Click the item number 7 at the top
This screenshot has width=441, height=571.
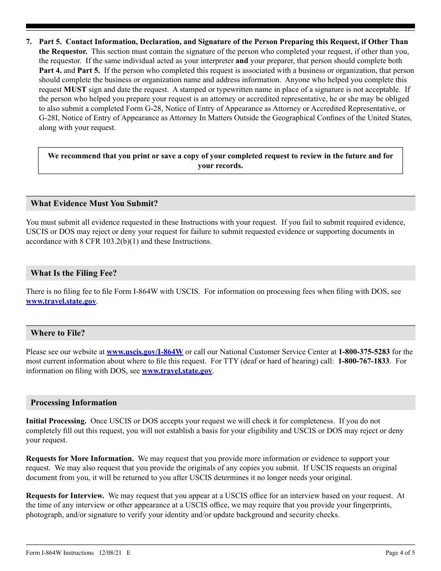[x=29, y=42]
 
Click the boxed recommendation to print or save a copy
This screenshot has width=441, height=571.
[x=220, y=161]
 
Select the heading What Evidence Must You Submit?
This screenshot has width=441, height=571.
[x=94, y=203]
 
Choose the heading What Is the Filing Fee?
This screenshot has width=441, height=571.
[x=74, y=273]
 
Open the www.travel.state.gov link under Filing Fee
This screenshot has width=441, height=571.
[x=61, y=301]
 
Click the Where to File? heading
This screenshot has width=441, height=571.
[x=58, y=333]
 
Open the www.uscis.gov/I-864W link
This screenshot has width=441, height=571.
[x=145, y=352]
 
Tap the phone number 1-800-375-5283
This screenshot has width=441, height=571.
[x=364, y=352]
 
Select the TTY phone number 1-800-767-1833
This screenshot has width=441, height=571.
[x=363, y=361]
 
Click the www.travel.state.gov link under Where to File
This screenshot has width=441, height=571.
[x=177, y=371]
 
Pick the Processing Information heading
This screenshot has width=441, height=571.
[x=74, y=402]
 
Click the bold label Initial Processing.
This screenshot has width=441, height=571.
[x=56, y=421]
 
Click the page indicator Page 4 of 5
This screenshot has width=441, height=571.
[x=400, y=553]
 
